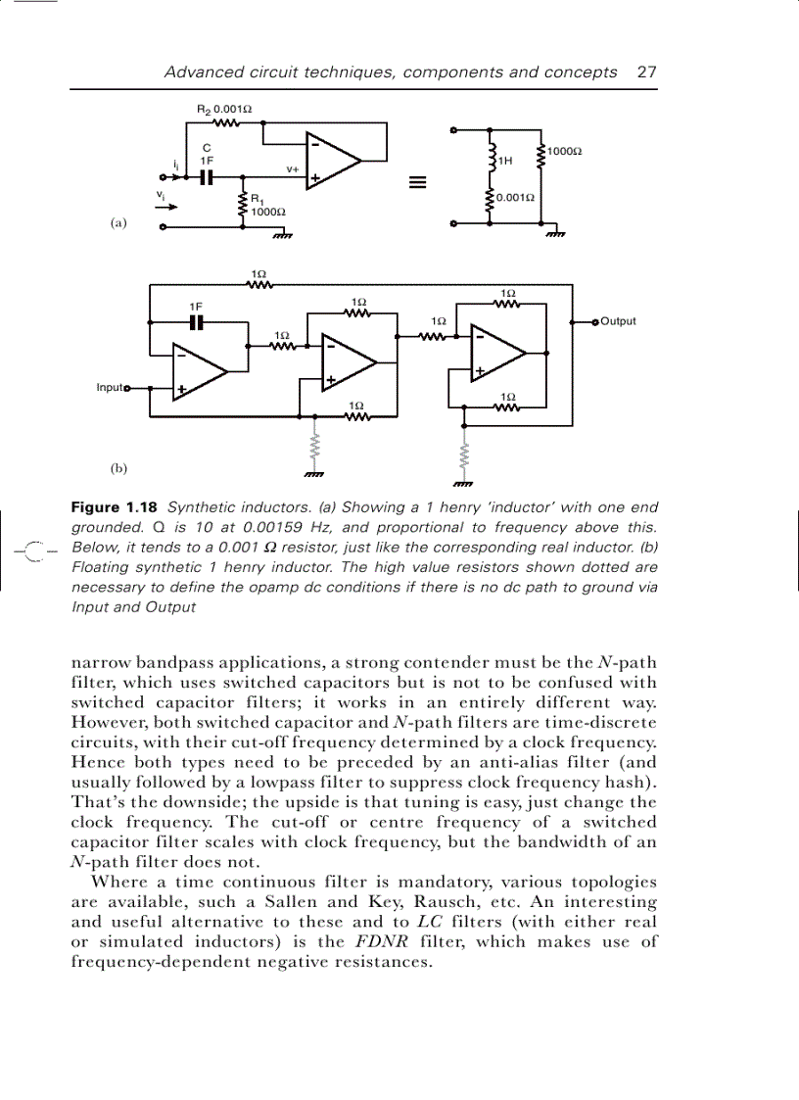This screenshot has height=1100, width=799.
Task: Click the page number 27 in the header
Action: [x=646, y=72]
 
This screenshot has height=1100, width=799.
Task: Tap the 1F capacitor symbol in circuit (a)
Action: [x=206, y=177]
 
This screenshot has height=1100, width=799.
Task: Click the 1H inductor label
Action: [x=505, y=160]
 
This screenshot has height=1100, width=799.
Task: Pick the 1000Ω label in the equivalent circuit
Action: [x=564, y=151]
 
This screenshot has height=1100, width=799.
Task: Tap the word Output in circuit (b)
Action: [x=618, y=321]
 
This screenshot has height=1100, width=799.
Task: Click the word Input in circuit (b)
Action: [x=109, y=387]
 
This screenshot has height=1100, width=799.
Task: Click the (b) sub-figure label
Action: [x=118, y=468]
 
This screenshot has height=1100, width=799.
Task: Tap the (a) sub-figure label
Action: [x=118, y=223]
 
